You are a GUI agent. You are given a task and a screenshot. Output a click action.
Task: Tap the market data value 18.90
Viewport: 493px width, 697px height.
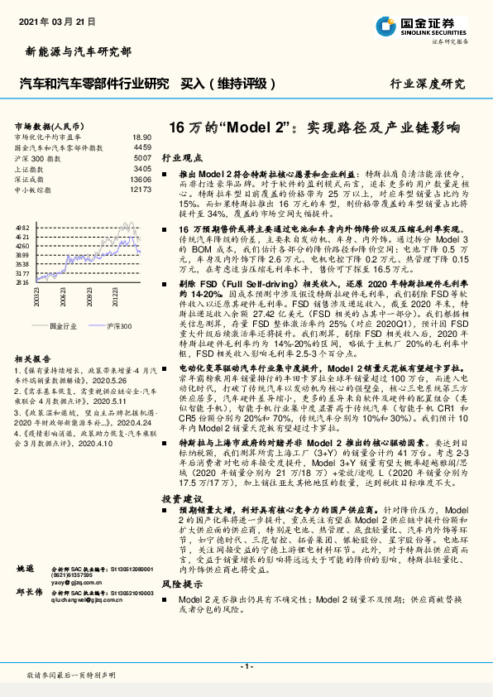click(141, 137)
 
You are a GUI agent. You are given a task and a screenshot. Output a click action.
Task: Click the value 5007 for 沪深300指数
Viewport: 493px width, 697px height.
click(142, 157)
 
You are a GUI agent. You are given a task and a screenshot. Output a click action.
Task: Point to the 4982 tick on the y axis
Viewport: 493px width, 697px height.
click(22, 226)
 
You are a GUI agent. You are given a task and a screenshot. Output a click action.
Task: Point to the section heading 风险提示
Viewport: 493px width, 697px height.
click(180, 584)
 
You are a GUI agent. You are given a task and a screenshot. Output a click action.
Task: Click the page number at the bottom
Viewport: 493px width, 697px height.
click(246, 666)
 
